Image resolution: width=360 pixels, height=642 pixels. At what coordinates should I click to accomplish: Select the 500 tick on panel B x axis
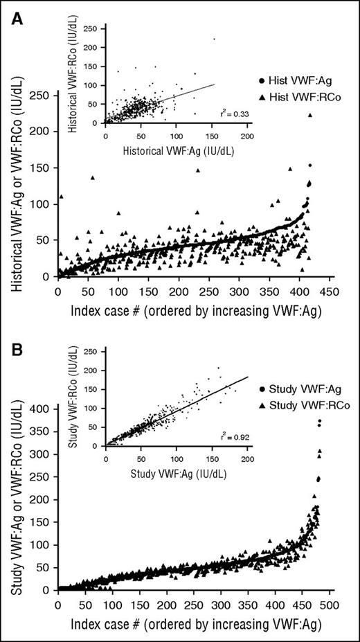(x=330, y=605)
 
